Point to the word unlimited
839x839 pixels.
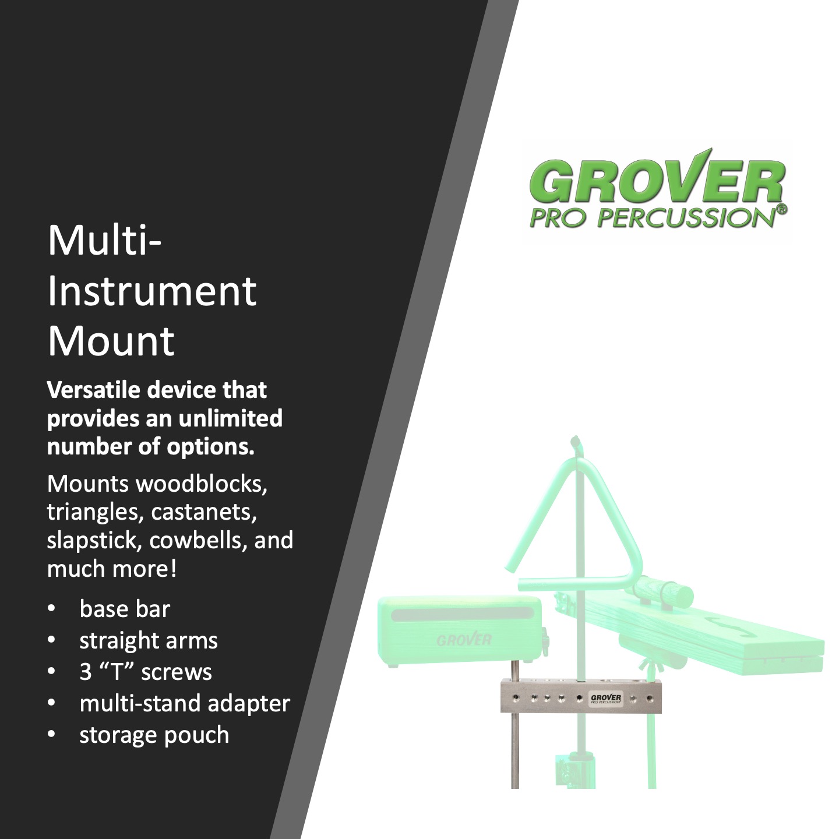pos(230,418)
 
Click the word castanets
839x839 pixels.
pos(204,512)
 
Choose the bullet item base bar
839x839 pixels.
pos(125,609)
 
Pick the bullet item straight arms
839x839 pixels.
pos(149,640)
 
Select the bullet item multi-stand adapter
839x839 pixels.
pos(185,704)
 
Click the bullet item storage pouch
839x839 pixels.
pos(154,735)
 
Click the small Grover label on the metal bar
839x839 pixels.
pos(605,699)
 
